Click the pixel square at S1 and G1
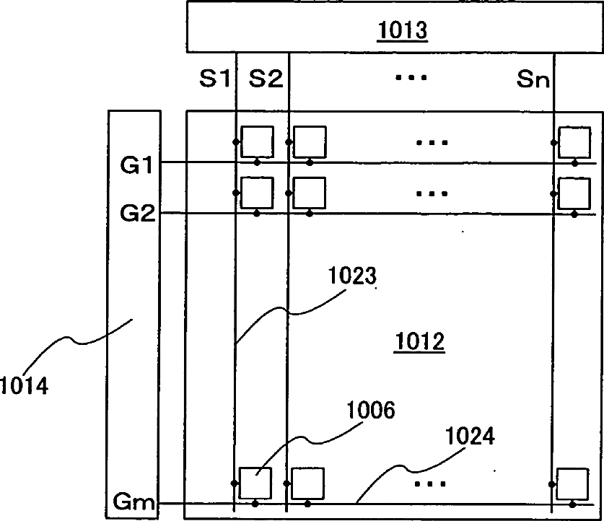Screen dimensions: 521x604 coord(257,141)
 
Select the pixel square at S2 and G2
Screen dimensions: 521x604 coord(308,192)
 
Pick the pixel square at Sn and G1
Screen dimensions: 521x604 coord(574,141)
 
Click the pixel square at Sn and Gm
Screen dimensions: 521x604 coord(572,483)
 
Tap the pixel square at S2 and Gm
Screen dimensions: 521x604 coord(307,483)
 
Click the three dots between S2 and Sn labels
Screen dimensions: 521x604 coord(411,76)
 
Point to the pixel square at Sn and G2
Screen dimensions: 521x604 coord(574,192)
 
